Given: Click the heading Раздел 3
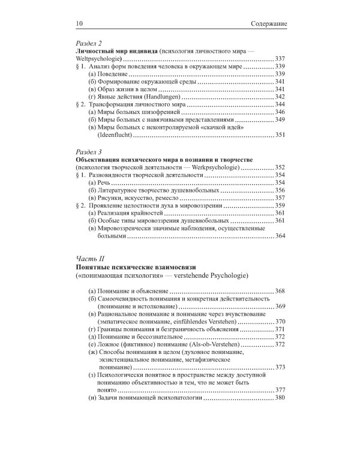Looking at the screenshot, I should (x=86, y=152).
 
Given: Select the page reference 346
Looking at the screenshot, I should (x=278, y=112).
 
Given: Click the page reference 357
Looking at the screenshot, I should (x=278, y=198).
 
